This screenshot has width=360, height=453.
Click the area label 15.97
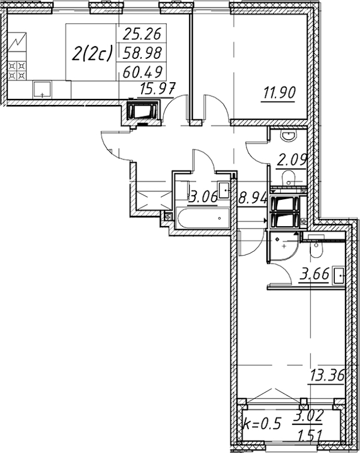[157, 89]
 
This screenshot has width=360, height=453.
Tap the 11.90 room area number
[279, 93]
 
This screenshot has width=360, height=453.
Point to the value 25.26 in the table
[142, 34]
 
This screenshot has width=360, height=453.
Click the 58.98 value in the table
[142, 53]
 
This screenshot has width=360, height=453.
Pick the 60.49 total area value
[142, 71]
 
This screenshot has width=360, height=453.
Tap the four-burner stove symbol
[17, 71]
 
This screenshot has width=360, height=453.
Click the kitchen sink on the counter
[42, 89]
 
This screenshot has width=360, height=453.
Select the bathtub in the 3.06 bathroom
[203, 218]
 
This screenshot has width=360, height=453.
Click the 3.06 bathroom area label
[203, 197]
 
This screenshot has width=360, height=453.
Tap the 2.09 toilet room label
[291, 160]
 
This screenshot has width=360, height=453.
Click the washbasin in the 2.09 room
[289, 136]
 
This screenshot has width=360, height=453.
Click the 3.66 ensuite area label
[314, 274]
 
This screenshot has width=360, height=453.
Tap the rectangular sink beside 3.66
[338, 276]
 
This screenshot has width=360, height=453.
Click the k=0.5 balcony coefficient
[262, 424]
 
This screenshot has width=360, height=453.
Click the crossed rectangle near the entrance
[153, 200]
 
